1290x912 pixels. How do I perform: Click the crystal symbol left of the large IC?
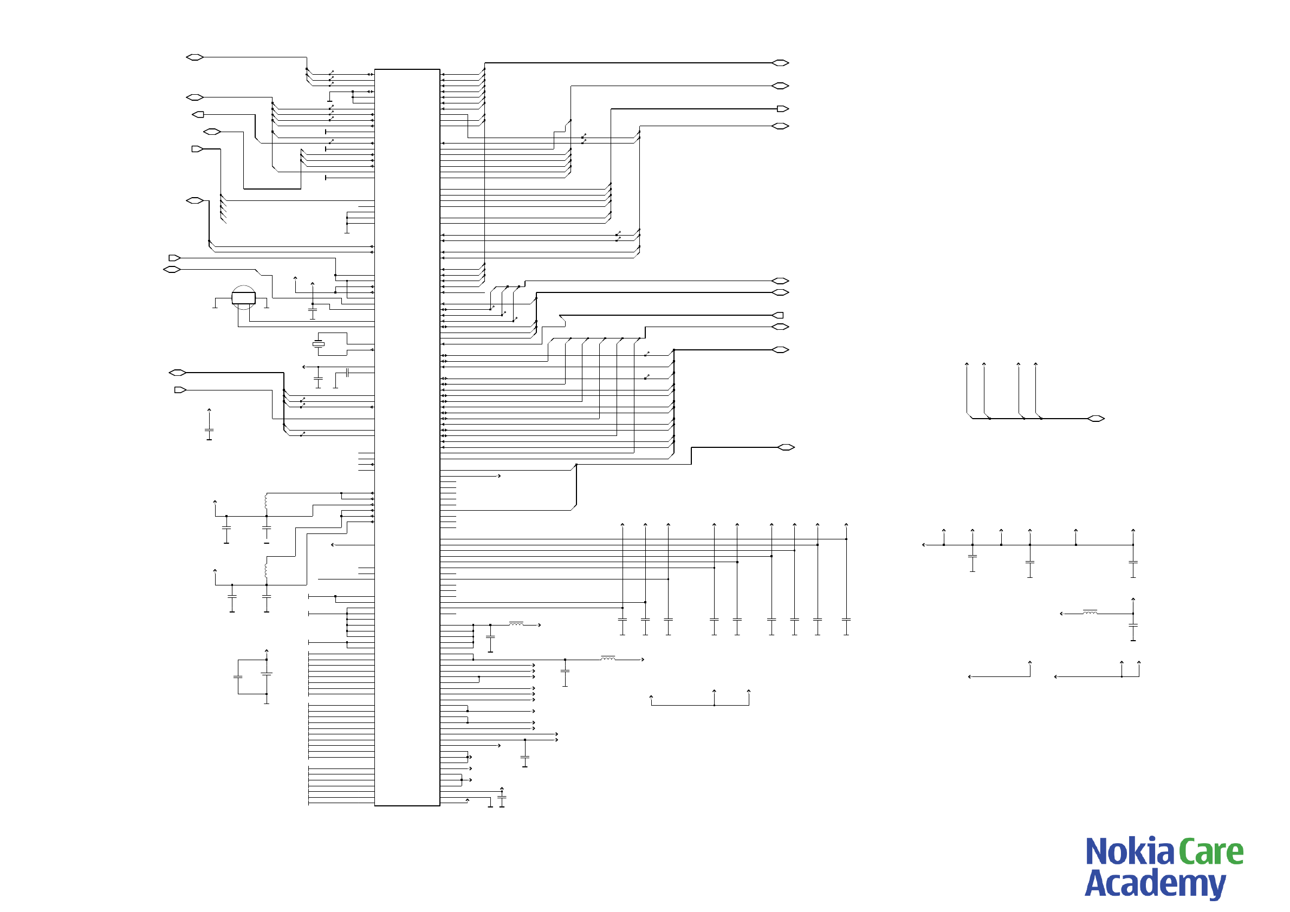point(319,344)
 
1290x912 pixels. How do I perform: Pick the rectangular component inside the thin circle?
point(243,298)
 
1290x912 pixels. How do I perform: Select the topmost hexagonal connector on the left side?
point(195,57)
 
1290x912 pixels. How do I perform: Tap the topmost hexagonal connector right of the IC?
point(780,63)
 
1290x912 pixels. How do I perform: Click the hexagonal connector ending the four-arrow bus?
point(1095,419)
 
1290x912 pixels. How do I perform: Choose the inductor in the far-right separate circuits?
point(1090,613)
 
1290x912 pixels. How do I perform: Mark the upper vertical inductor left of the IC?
point(266,501)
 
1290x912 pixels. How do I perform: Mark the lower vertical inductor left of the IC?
point(266,571)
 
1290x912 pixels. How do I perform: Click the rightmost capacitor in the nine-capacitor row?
point(846,620)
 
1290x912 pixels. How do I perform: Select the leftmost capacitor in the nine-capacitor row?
point(623,620)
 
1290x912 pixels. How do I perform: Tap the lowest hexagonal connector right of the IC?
point(786,447)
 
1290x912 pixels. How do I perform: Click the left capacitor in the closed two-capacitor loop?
point(238,677)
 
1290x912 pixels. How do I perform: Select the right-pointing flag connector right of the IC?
point(783,108)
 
